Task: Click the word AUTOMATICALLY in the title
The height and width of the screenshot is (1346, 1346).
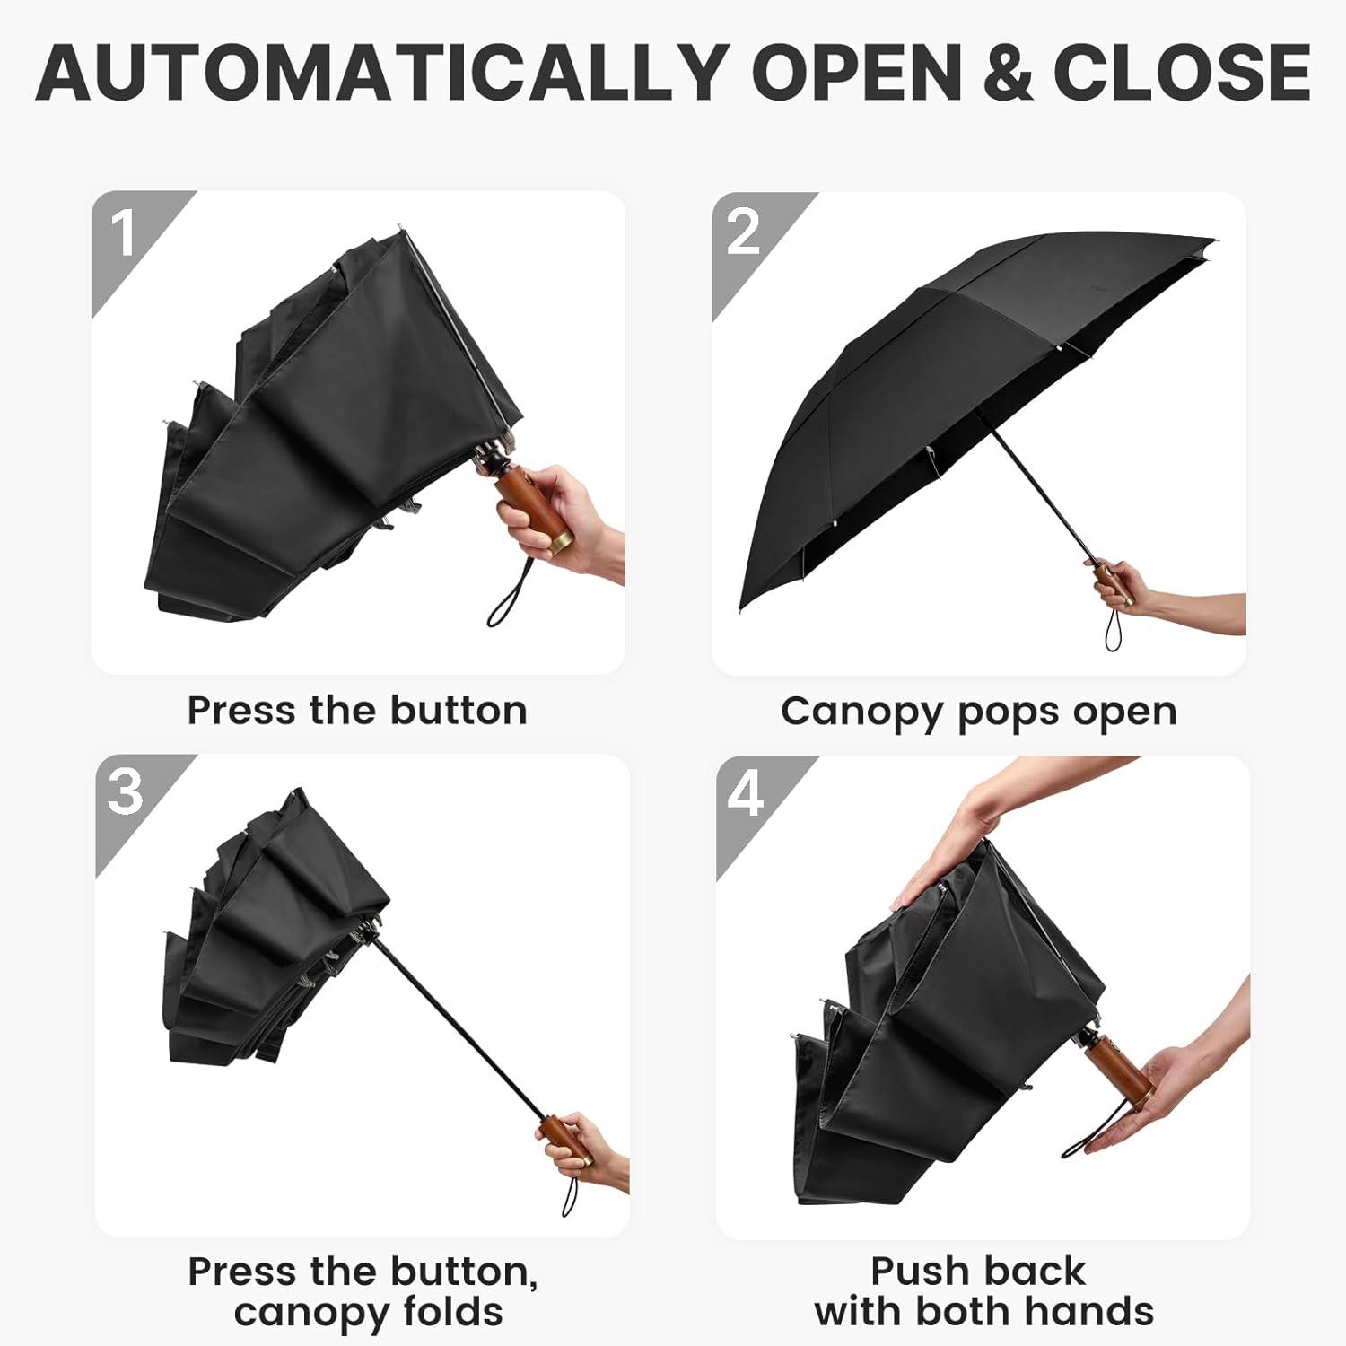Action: tap(381, 71)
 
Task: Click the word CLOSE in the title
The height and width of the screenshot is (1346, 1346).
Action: tap(1183, 71)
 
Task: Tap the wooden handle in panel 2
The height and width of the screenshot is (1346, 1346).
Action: tap(1114, 584)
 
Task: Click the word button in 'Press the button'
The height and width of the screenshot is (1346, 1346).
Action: tap(459, 711)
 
